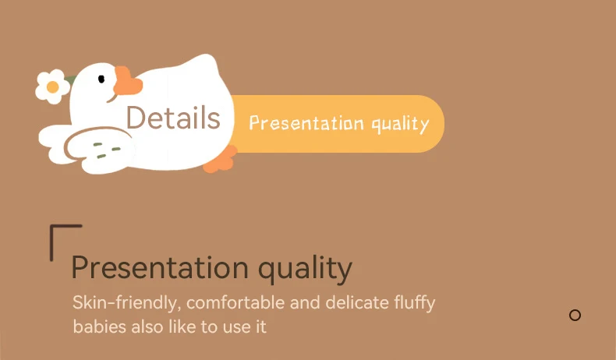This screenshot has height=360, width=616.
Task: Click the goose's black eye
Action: (101, 79)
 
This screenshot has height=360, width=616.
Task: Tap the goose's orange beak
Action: (126, 81)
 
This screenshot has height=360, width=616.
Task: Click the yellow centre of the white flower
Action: (53, 86)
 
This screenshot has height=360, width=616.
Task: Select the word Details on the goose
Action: (173, 118)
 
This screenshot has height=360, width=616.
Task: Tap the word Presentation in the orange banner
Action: (306, 123)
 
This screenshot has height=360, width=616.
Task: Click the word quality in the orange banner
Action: (400, 125)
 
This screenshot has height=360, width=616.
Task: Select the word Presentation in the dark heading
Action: (160, 268)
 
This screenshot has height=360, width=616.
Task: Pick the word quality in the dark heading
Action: (305, 270)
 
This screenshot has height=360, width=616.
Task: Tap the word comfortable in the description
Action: (235, 302)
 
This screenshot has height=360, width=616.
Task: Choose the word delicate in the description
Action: (357, 302)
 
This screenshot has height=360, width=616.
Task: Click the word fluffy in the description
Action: (415, 303)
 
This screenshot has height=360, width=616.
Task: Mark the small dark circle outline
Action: (575, 316)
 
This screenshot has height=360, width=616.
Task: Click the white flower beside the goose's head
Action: (53, 86)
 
